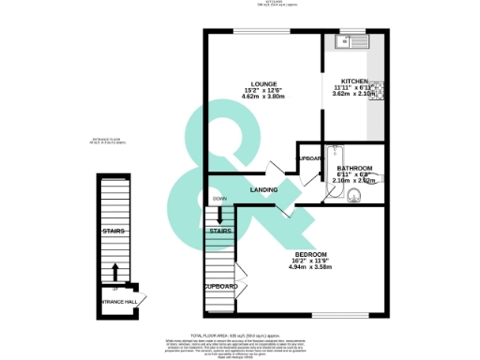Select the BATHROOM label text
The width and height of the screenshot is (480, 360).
coord(355,168)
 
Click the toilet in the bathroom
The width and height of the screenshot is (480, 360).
coord(354,194)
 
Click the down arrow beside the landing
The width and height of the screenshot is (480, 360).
coord(219,213)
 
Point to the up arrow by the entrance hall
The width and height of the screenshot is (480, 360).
coord(115,272)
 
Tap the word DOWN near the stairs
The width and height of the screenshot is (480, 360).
coord(218,199)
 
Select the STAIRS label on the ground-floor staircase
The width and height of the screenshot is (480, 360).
coord(114,231)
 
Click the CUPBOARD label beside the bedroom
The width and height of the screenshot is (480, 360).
coord(220,287)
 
